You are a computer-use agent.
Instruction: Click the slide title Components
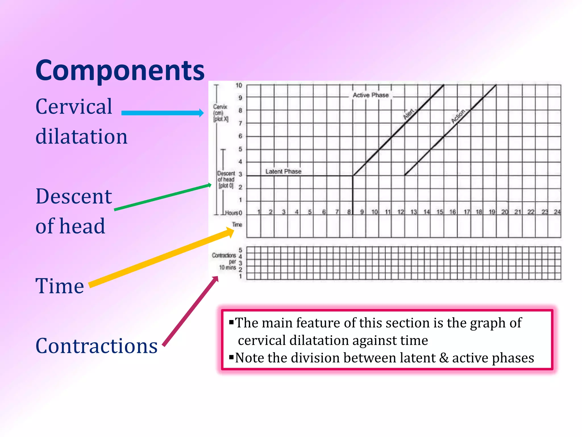[x=120, y=71]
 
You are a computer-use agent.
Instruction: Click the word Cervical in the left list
[x=74, y=107]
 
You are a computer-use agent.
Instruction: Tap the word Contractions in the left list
[x=97, y=346]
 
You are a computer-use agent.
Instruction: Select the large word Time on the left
[x=60, y=286]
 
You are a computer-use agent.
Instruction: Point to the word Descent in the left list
[x=74, y=197]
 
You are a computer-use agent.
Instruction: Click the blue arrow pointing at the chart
[x=162, y=113]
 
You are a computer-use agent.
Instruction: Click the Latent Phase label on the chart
[x=283, y=172]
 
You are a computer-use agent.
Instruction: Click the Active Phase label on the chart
[x=371, y=95]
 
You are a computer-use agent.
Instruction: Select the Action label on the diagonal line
[x=458, y=116]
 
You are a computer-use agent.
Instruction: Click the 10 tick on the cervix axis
[x=239, y=85]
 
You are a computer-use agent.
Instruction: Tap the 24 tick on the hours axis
[x=557, y=212]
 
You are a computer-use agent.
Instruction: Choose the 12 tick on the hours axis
[x=400, y=212]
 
